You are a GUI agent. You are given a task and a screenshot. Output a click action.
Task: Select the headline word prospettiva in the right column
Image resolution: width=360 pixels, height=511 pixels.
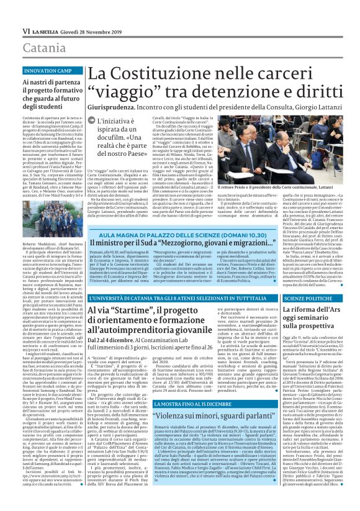coord(323,325)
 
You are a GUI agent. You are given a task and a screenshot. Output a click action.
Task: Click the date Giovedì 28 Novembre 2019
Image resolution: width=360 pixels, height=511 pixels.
coord(89,31)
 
